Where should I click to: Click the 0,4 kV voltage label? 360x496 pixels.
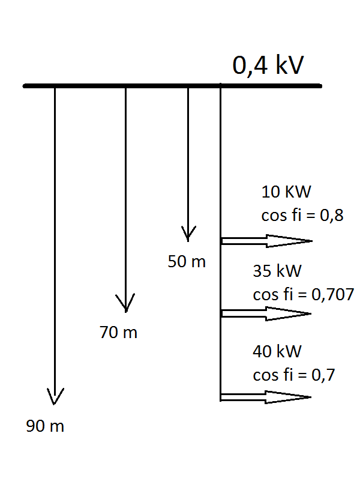pyautogui.click(x=268, y=65)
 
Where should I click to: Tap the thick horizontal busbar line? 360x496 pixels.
pyautogui.click(x=172, y=86)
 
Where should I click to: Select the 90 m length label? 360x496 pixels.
pyautogui.click(x=45, y=426)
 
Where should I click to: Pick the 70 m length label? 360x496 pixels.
pyautogui.click(x=119, y=333)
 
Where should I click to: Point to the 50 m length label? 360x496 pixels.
pyautogui.click(x=187, y=262)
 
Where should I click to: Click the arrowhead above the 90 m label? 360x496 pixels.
pyautogui.click(x=55, y=396)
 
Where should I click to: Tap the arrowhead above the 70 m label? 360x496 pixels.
pyautogui.click(x=125, y=303)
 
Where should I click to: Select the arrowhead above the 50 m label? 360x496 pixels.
pyautogui.click(x=188, y=234)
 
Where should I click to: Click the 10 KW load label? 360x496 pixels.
pyautogui.click(x=286, y=192)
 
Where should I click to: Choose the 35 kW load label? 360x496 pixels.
pyautogui.click(x=277, y=271)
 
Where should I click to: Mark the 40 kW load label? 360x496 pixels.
pyautogui.click(x=277, y=351)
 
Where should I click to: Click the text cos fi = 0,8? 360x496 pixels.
pyautogui.click(x=302, y=216)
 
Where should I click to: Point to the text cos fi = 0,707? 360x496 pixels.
pyautogui.click(x=304, y=294)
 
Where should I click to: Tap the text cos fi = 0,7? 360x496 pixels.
pyautogui.click(x=294, y=375)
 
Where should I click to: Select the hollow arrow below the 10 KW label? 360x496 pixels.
pyautogui.click(x=267, y=241)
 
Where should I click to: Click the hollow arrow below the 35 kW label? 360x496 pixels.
pyautogui.click(x=266, y=313)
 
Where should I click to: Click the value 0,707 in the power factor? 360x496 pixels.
pyautogui.click(x=333, y=294)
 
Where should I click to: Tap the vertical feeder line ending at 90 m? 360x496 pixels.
pyautogui.click(x=55, y=245)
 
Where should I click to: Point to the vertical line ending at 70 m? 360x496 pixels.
pyautogui.click(x=125, y=199)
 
